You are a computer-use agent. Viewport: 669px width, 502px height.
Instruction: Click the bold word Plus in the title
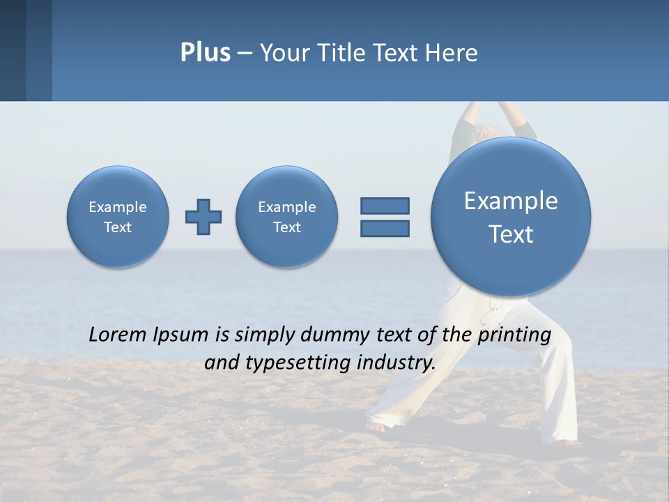click(205, 53)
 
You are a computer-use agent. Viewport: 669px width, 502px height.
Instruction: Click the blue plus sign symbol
click(203, 217)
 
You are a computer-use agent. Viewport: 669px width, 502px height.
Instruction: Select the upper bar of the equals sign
click(385, 206)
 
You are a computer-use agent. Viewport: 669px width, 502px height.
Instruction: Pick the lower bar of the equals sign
click(385, 228)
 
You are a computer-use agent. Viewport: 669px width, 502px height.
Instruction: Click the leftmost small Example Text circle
click(118, 217)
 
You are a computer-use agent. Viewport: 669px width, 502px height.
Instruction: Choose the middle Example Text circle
click(287, 217)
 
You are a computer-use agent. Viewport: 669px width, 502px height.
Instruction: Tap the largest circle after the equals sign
click(511, 217)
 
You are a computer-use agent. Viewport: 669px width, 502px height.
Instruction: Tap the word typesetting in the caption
click(295, 363)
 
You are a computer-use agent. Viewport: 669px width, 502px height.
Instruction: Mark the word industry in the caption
click(396, 363)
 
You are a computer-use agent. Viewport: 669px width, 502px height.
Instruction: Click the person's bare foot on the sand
click(376, 427)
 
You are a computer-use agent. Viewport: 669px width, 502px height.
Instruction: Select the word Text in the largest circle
click(511, 234)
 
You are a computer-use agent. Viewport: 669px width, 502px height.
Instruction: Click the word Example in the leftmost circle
click(118, 207)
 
